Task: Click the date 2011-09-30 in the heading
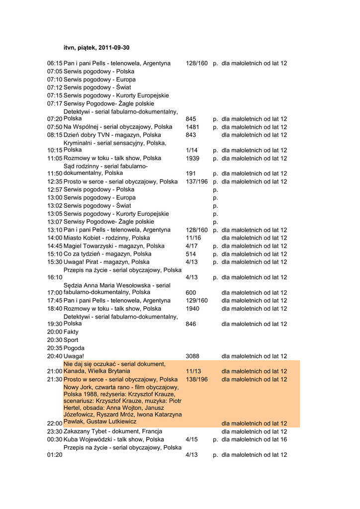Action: pyautogui.click(x=114, y=48)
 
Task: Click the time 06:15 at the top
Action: pyautogui.click(x=55, y=64)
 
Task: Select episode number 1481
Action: pyautogui.click(x=192, y=127)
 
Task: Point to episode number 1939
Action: pyautogui.click(x=192, y=159)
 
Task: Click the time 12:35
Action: pyautogui.click(x=55, y=182)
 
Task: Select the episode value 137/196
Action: pyautogui.click(x=196, y=182)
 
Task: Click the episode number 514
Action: pyautogui.click(x=191, y=254)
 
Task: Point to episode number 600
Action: pyautogui.click(x=191, y=293)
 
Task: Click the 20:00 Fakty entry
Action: pyautogui.click(x=63, y=332)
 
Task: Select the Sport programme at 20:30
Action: pyautogui.click(x=63, y=340)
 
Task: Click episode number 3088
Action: pyautogui.click(x=192, y=356)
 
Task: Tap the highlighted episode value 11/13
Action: pyautogui.click(x=193, y=371)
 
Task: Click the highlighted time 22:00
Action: pyautogui.click(x=55, y=424)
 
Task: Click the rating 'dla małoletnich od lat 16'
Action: pyautogui.click(x=254, y=440)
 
